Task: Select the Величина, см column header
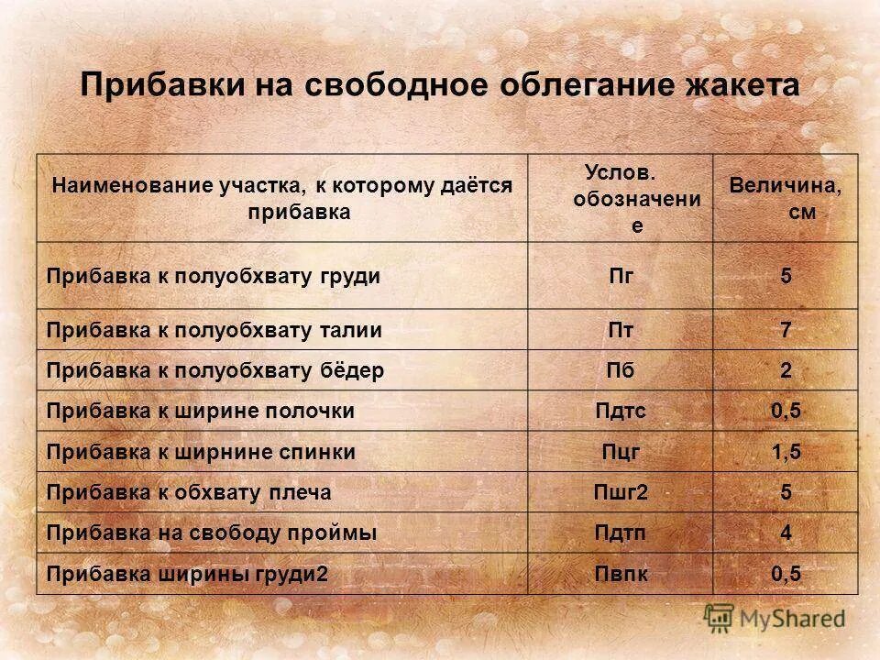click(x=786, y=198)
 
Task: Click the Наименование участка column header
click(x=281, y=198)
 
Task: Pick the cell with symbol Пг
click(x=621, y=276)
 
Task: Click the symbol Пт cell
click(x=621, y=330)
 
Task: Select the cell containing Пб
click(x=621, y=371)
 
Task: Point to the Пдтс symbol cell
click(x=621, y=412)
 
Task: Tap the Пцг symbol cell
click(x=621, y=452)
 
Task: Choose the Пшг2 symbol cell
click(x=621, y=493)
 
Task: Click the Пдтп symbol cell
click(x=621, y=533)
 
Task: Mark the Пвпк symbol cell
click(x=621, y=574)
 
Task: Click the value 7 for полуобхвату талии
click(x=786, y=330)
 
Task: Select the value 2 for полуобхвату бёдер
click(x=786, y=371)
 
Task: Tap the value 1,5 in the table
click(x=786, y=452)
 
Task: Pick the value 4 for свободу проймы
click(x=786, y=533)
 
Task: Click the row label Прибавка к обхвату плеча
click(x=188, y=493)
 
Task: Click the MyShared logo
click(x=775, y=618)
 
